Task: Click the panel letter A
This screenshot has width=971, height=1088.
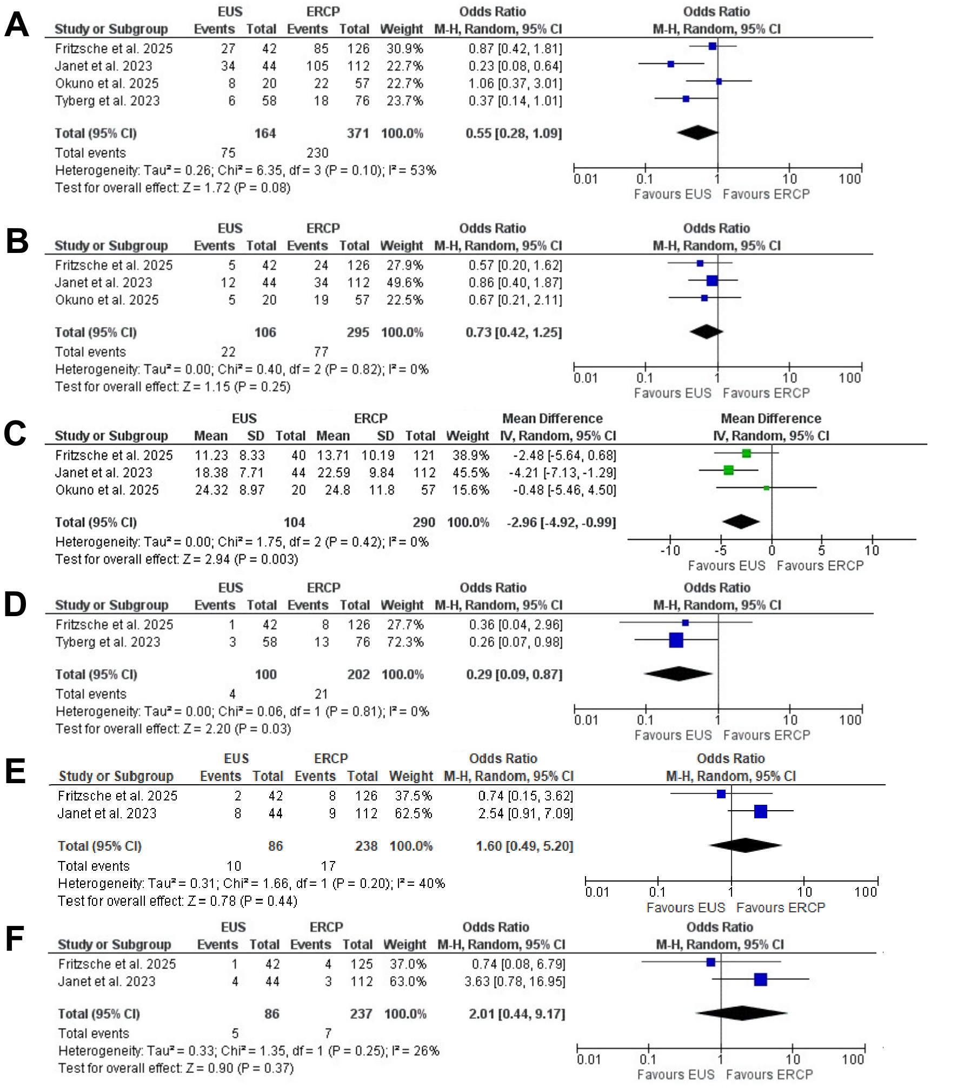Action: tap(16, 24)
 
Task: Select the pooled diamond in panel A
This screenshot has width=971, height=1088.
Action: tap(697, 132)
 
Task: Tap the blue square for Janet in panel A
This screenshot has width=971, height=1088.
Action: tap(671, 64)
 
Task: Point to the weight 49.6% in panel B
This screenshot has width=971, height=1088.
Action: tap(404, 283)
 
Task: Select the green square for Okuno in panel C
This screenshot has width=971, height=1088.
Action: tap(766, 488)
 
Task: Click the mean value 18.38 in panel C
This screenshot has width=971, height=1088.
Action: tap(211, 472)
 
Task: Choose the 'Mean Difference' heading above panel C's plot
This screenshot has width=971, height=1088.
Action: tap(771, 418)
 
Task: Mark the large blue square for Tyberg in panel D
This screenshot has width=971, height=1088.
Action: tap(676, 640)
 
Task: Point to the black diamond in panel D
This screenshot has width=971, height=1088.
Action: tap(679, 674)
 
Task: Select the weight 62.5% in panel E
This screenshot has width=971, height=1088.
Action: tap(413, 813)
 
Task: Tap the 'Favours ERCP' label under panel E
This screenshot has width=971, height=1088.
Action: tap(781, 907)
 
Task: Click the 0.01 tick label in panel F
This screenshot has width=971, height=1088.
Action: tap(589, 1059)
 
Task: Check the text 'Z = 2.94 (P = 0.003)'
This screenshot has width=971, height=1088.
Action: tap(241, 559)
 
